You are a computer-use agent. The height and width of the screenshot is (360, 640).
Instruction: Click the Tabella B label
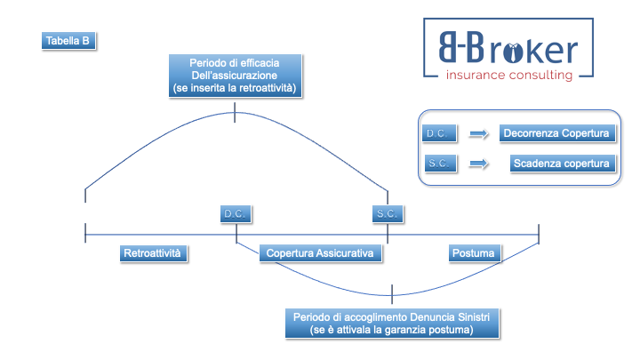click(x=67, y=41)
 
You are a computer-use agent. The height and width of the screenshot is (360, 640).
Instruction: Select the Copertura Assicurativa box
click(x=321, y=253)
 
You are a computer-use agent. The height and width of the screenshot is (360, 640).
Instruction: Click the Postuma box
click(x=473, y=253)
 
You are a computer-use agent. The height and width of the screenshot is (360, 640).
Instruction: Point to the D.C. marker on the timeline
click(x=236, y=214)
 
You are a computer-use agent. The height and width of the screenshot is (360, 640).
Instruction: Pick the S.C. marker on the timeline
click(x=388, y=214)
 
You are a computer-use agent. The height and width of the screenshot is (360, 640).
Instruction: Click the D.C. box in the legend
click(x=439, y=134)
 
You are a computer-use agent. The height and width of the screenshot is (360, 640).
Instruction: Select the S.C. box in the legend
click(x=439, y=164)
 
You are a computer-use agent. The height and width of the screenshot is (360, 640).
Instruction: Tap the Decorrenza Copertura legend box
click(x=556, y=134)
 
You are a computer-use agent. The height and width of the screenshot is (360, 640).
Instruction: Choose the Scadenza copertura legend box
click(x=562, y=164)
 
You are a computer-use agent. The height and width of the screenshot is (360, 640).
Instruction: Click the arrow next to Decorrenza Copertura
click(x=479, y=134)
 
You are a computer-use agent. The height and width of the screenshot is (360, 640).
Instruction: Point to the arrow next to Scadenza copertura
click(x=479, y=164)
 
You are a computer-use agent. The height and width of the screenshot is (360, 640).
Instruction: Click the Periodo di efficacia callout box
click(x=235, y=76)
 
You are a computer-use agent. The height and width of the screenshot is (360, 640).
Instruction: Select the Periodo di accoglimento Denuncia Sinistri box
click(x=391, y=323)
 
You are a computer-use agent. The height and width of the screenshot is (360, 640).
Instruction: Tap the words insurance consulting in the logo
click(x=509, y=76)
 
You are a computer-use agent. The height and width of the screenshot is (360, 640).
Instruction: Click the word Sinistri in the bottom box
click(x=470, y=316)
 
